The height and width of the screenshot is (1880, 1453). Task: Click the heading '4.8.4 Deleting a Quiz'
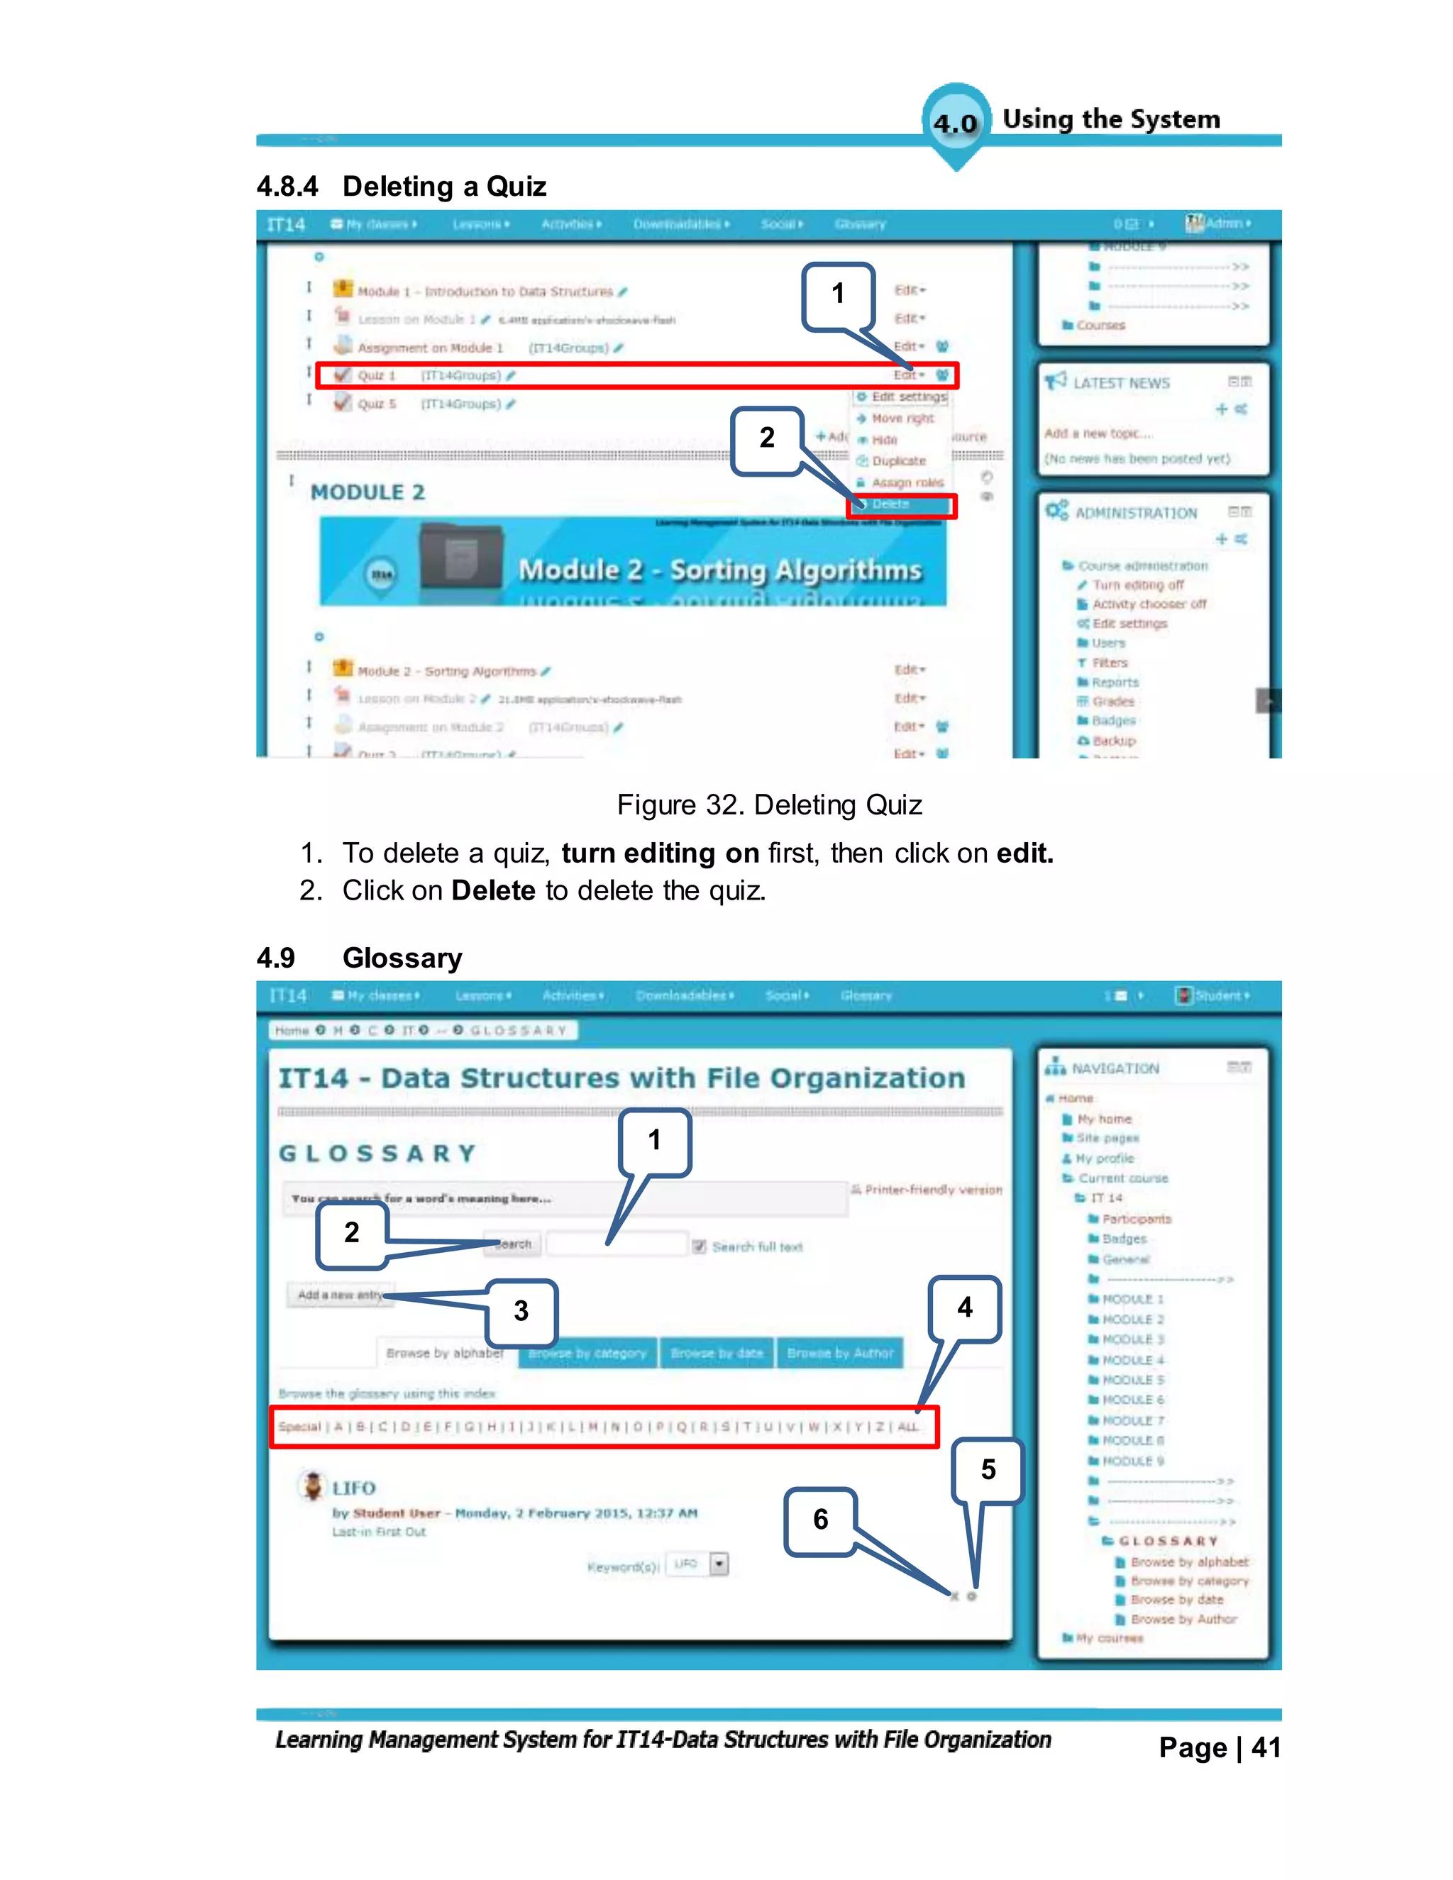[401, 186]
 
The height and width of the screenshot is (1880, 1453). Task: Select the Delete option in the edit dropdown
[891, 504]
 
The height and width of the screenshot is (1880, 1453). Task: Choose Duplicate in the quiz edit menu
[897, 461]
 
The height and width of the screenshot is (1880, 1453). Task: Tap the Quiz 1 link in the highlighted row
[376, 375]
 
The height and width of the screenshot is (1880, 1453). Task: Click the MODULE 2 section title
[368, 492]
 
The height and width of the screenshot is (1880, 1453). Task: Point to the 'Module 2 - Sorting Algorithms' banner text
[719, 570]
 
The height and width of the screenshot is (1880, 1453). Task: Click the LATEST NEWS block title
[1121, 383]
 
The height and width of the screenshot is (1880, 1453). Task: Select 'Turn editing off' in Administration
[1137, 585]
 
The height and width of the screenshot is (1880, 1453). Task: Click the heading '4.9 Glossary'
[360, 957]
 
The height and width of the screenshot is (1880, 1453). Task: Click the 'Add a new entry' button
[340, 1295]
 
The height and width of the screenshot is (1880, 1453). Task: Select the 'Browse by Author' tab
[840, 1353]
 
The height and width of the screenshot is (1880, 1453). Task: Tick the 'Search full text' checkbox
[699, 1246]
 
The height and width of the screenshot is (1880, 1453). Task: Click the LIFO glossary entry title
[354, 1488]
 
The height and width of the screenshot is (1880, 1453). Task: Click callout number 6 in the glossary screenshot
[820, 1520]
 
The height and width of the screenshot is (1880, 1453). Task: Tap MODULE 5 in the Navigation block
[1133, 1380]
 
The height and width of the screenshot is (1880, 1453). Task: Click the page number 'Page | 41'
[1219, 1747]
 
